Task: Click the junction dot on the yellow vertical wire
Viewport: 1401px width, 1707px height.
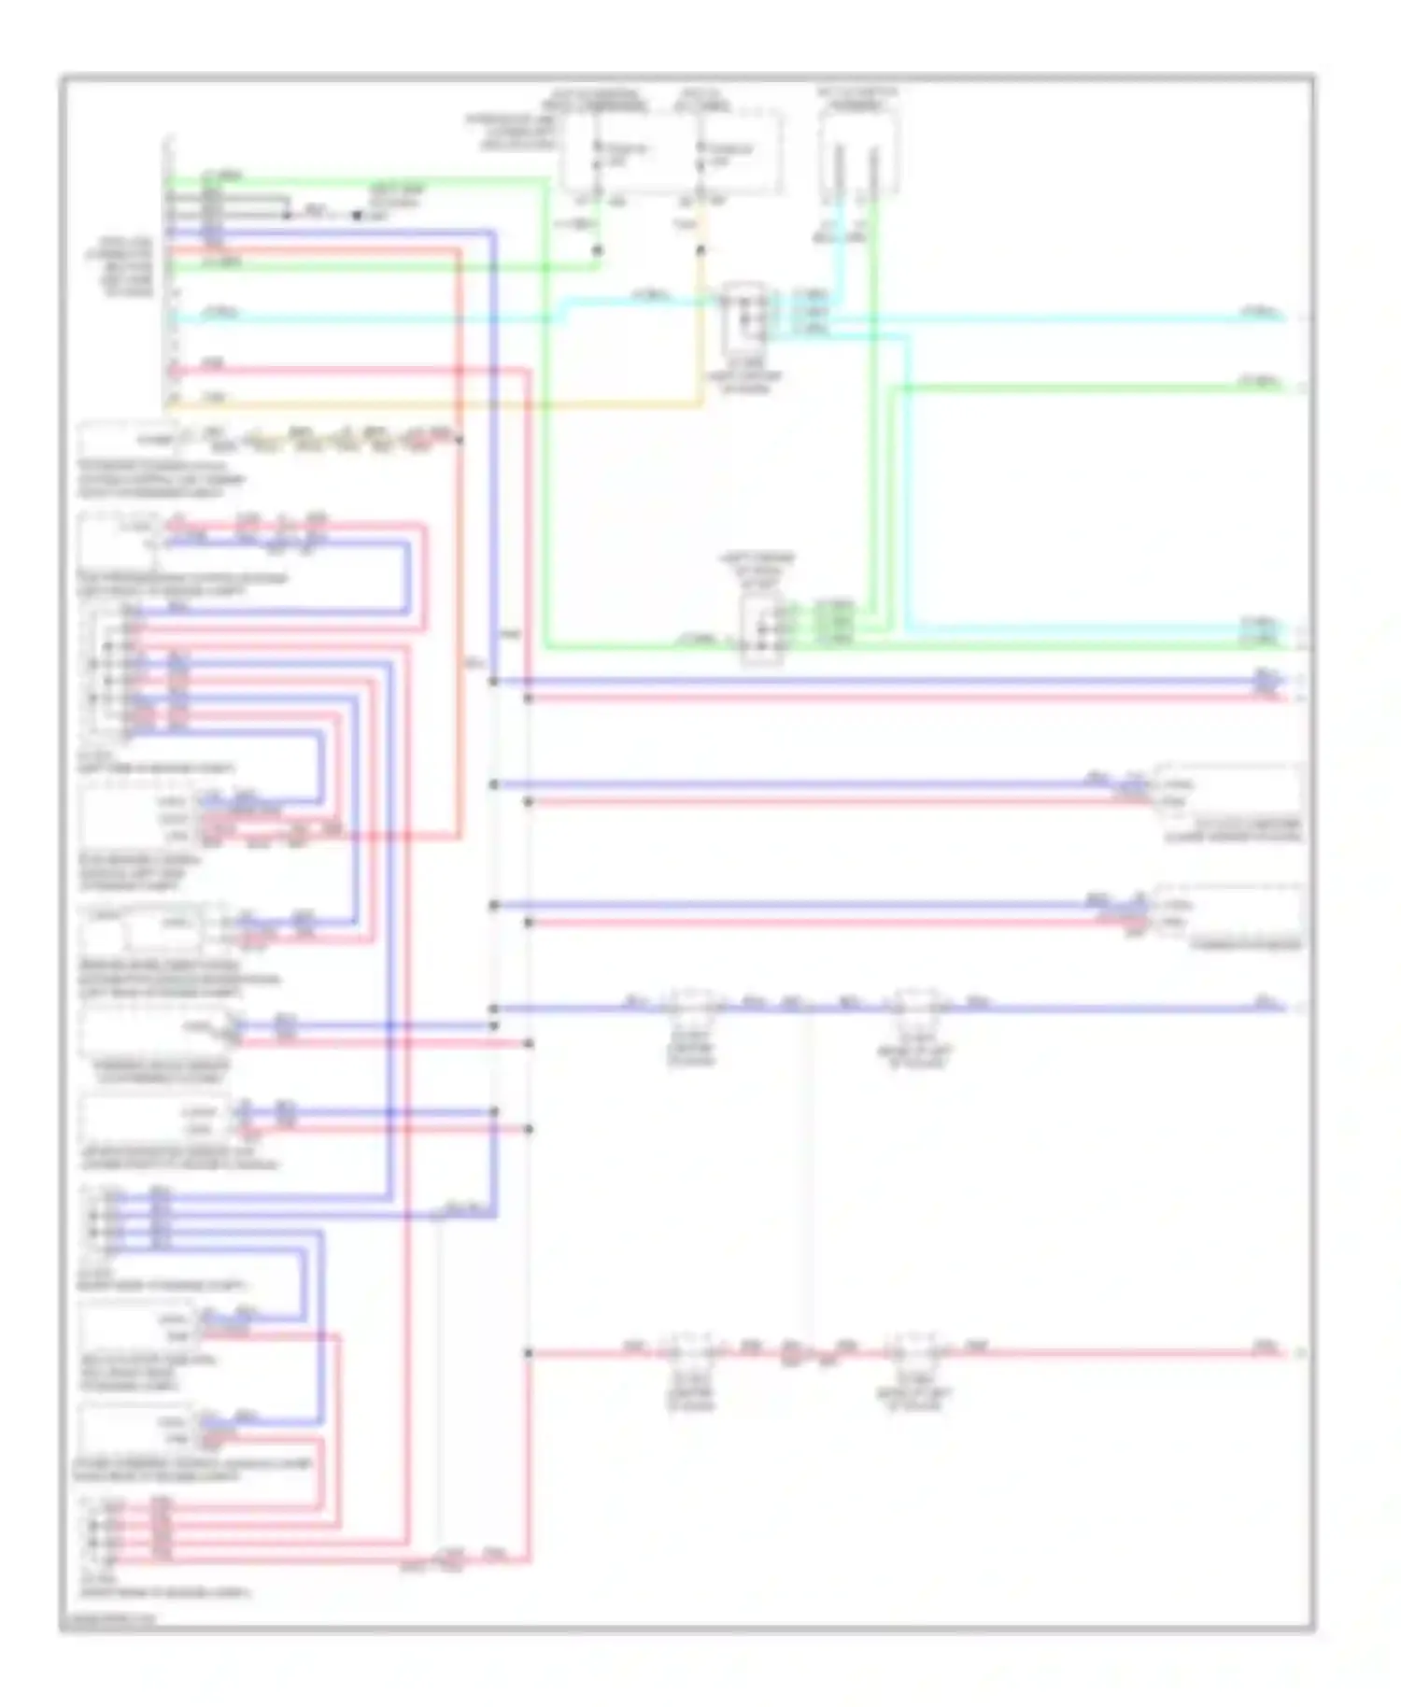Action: click(700, 250)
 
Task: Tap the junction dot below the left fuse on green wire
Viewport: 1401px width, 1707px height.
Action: click(598, 250)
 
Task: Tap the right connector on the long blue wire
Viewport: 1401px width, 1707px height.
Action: click(917, 1007)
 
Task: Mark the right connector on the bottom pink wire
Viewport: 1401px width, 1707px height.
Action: click(917, 1351)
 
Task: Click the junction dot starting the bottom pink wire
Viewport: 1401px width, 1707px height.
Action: click(529, 1352)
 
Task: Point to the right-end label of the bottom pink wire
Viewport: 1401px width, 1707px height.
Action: click(1265, 1347)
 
